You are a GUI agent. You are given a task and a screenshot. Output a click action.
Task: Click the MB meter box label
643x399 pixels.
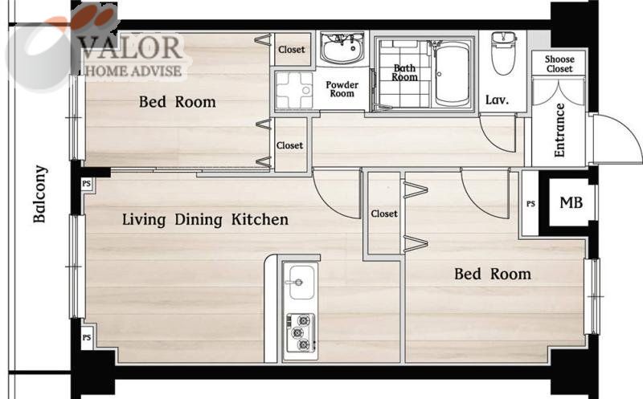[571, 202]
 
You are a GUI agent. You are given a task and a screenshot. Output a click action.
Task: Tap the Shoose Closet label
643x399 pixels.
[559, 64]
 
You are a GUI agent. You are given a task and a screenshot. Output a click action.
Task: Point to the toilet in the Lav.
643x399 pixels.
[503, 53]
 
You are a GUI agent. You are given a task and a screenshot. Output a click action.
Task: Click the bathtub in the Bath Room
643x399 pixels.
[452, 75]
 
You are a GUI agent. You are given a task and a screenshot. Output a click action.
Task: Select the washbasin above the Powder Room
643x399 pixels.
[342, 49]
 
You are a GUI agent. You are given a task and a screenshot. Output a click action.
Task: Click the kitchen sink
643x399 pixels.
[301, 283]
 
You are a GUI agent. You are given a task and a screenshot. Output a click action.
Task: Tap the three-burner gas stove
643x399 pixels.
[301, 332]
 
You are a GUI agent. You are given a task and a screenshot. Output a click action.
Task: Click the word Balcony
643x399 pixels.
[39, 193]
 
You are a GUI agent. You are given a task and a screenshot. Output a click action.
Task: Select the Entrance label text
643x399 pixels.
[559, 130]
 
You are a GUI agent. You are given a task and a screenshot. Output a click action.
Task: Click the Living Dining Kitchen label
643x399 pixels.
[205, 220]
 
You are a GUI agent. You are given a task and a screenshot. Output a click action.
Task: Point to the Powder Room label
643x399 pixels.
[342, 89]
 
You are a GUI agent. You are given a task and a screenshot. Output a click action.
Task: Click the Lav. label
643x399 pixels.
[497, 100]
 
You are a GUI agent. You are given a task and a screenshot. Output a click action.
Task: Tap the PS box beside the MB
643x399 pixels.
[530, 204]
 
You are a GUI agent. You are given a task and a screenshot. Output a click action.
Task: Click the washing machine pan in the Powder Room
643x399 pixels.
[294, 91]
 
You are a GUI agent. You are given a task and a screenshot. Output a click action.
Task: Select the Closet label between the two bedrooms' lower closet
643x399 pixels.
[384, 214]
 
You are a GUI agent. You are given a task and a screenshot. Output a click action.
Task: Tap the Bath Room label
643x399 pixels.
[405, 72]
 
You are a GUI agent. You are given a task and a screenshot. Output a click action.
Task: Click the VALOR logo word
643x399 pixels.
[130, 47]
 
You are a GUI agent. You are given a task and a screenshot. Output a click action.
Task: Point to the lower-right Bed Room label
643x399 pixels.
[493, 274]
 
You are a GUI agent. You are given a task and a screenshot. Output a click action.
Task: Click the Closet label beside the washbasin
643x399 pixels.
[292, 49]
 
